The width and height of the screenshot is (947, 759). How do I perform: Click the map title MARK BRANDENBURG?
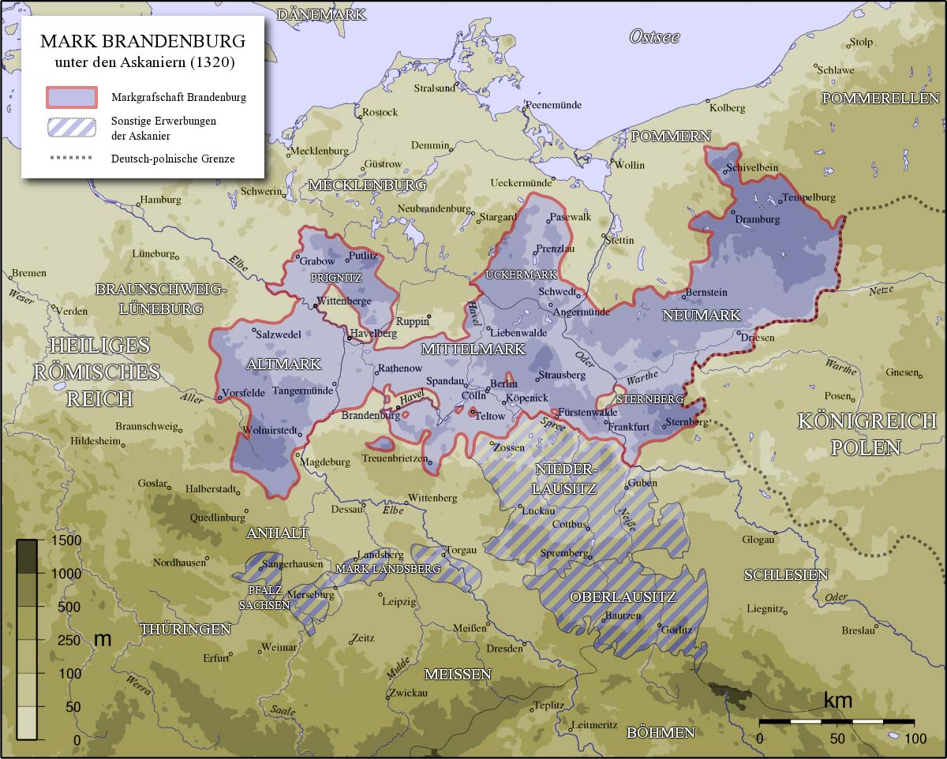(x=143, y=41)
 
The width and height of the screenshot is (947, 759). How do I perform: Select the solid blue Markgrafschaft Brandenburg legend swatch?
(x=71, y=97)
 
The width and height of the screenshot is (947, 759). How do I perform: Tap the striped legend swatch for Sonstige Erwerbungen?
(x=71, y=127)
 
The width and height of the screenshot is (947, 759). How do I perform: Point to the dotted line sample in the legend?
(x=71, y=158)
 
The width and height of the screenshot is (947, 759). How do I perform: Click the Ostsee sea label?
(x=654, y=36)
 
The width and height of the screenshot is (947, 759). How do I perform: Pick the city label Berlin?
(x=503, y=383)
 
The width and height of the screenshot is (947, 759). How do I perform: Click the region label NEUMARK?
(x=702, y=316)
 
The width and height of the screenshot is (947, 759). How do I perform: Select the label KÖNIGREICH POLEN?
(x=867, y=434)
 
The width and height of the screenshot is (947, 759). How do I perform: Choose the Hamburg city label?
(x=160, y=200)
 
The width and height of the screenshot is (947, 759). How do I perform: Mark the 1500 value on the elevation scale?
(x=65, y=540)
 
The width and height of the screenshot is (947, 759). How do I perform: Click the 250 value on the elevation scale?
(x=69, y=640)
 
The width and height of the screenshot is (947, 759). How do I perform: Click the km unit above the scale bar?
(x=837, y=701)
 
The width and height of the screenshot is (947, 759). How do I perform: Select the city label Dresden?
(x=504, y=649)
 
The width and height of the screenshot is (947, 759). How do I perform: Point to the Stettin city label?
(x=619, y=240)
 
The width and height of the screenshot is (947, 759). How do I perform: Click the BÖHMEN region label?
(x=661, y=733)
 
